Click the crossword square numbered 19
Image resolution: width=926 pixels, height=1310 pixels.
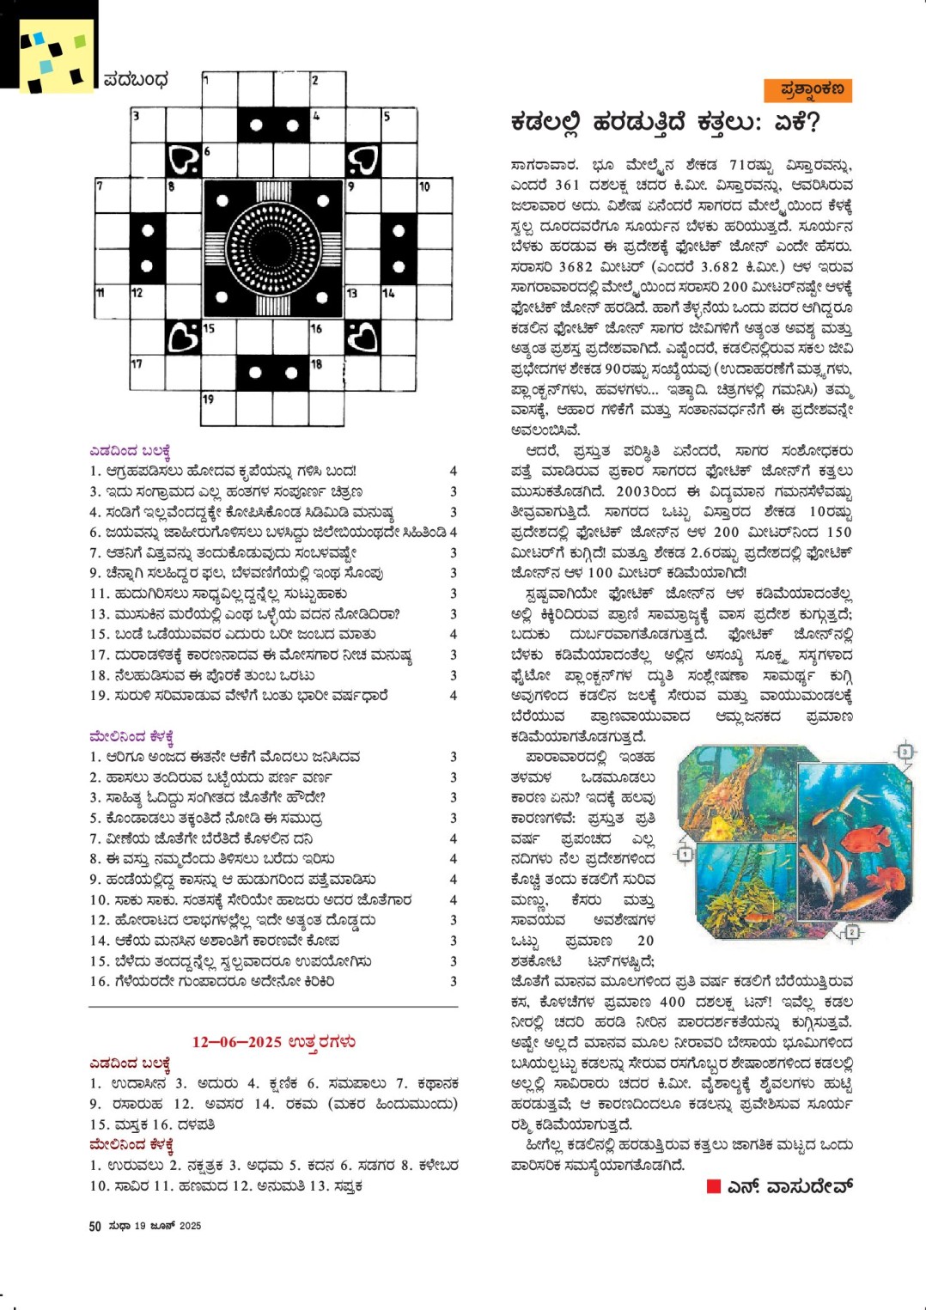(x=218, y=409)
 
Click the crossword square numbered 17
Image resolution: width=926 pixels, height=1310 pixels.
(x=148, y=374)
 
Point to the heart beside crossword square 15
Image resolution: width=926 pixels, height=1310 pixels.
(x=184, y=338)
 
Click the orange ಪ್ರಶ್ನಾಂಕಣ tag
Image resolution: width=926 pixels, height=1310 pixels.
(x=807, y=89)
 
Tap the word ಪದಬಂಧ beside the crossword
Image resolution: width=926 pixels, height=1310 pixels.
(x=136, y=80)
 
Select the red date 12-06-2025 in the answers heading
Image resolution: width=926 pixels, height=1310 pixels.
(x=237, y=1042)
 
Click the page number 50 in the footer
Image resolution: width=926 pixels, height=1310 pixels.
(x=94, y=1226)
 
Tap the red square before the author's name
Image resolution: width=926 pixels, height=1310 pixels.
(x=713, y=1186)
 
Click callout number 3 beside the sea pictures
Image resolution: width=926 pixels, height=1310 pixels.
(x=904, y=752)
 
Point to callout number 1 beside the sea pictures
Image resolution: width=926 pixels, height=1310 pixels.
(x=685, y=854)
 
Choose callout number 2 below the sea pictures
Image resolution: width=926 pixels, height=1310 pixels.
(x=851, y=932)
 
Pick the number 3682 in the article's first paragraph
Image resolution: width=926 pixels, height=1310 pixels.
(x=576, y=266)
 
